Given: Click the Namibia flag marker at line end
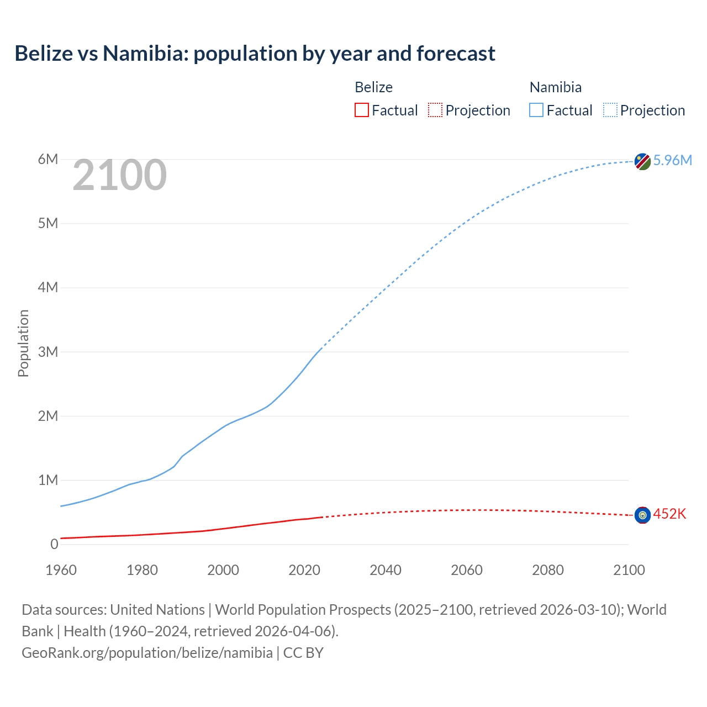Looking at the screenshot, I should [642, 161].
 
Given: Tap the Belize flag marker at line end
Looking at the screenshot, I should [642, 515].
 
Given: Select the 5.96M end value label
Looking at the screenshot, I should [672, 160].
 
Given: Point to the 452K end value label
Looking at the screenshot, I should [669, 514].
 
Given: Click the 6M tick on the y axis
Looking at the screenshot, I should [48, 160].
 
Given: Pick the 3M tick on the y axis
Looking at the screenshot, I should [48, 352].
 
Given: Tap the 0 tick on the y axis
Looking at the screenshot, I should [54, 544].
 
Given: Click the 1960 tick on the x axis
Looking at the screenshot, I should [61, 570].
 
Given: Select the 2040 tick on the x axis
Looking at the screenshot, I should [386, 570].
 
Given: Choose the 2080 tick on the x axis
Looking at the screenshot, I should [548, 570].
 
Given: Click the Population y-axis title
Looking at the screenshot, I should [23, 343].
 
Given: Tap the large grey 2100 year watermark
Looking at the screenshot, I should [119, 175].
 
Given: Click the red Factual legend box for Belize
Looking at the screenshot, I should [362, 110].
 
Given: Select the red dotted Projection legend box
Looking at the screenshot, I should [435, 110].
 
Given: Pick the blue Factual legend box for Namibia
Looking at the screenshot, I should [536, 110].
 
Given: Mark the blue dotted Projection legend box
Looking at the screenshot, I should [610, 110].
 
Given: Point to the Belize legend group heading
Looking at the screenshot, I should [373, 87].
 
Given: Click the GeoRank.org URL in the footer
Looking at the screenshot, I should [147, 653].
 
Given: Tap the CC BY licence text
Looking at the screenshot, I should [303, 653].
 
